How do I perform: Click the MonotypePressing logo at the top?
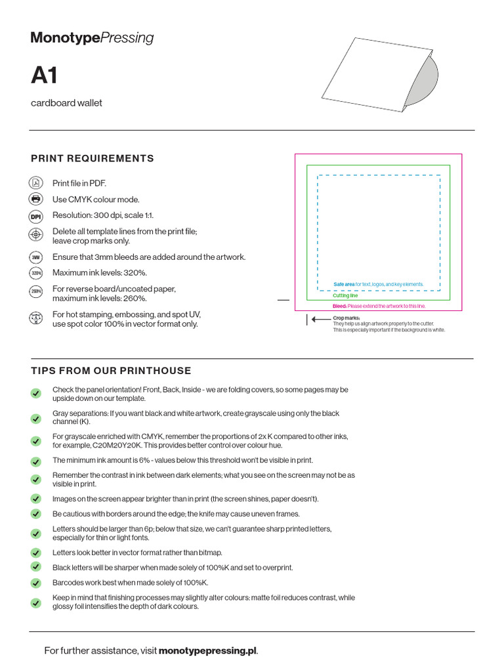[93, 38]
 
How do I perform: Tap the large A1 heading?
[45, 76]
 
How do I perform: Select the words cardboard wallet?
[66, 103]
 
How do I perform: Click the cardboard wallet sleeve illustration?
[379, 74]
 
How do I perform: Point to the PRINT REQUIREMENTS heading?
[93, 158]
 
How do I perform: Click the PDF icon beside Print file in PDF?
[35, 183]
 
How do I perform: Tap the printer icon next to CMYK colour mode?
[35, 199]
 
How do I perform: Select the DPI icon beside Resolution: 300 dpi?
[35, 216]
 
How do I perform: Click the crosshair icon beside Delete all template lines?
[35, 235]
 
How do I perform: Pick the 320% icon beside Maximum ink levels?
[35, 273]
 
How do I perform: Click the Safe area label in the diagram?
[344, 284]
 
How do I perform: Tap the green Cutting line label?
[345, 296]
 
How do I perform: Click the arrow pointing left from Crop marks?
[320, 319]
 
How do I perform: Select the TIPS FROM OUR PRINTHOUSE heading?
[111, 371]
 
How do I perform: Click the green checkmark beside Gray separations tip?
[35, 418]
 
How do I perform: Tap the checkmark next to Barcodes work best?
[35, 583]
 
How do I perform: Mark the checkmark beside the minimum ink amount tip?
[35, 461]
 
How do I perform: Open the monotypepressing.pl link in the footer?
[207, 651]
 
